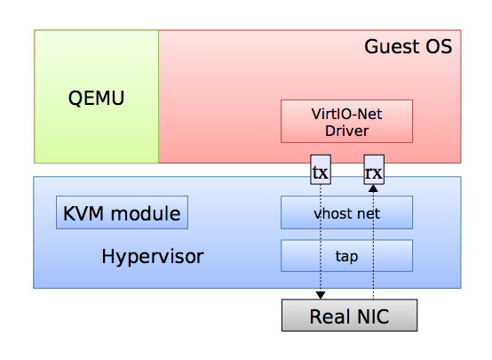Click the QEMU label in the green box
pos(97,97)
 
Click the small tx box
pos(321,171)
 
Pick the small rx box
pos(374,171)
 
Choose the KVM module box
pos(122,213)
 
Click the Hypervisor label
pos(153,257)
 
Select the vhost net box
pos(346,213)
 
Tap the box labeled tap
pos(346,255)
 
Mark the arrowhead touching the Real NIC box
pos(321,295)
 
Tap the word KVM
pos(83,213)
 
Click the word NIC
pos(371,316)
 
